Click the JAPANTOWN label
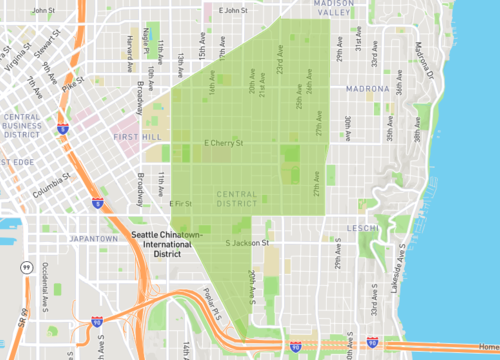pyautogui.click(x=94, y=239)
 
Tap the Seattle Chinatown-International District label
pyautogui.click(x=166, y=244)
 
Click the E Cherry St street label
pyautogui.click(x=224, y=143)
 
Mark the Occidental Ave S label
pyautogui.click(x=45, y=284)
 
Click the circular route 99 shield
pyautogui.click(x=21, y=267)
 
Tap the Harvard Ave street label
pyautogui.click(x=129, y=46)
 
